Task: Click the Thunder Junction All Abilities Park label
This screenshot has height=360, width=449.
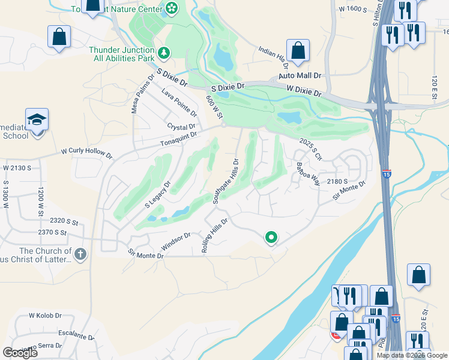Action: pos(123,55)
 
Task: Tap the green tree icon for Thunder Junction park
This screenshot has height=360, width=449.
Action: pos(164,54)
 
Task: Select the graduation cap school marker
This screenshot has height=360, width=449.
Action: pos(37,119)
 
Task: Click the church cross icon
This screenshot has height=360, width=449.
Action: pos(81,254)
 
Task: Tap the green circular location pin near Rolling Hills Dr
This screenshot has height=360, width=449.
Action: pos(271,238)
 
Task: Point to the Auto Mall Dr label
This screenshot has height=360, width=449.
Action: pos(301,76)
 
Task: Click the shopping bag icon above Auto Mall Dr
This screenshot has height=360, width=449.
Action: pos(298,50)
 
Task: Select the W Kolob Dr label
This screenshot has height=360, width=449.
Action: pos(45,315)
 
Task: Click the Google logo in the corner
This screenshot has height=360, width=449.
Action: pos(20,353)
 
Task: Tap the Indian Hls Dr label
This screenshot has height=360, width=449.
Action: pos(274,56)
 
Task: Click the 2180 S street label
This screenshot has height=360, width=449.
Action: pos(337,181)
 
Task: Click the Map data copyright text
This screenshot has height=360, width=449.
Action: pos(411,355)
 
